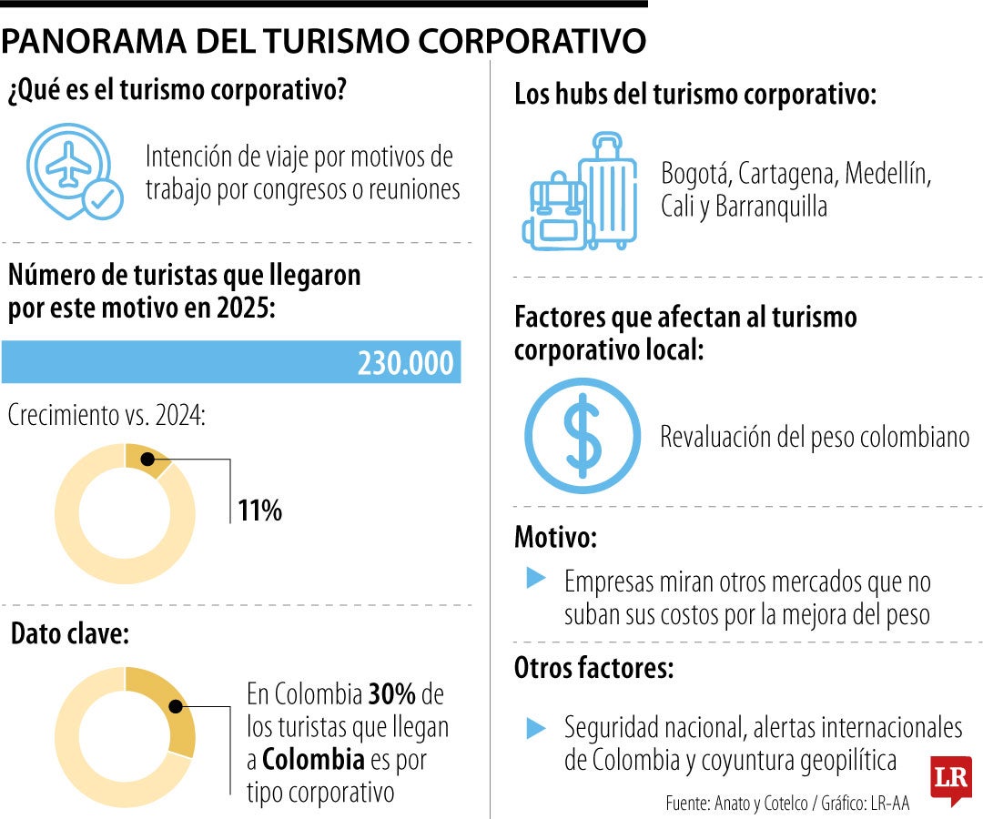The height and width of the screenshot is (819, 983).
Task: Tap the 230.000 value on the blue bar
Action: click(x=405, y=362)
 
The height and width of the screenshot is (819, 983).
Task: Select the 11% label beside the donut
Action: click(x=260, y=511)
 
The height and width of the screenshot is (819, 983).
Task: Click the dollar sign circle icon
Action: click(x=583, y=435)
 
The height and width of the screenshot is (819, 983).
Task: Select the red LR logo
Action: click(x=951, y=779)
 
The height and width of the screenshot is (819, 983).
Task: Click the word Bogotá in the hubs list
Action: click(x=694, y=173)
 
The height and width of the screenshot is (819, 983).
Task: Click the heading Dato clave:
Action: click(x=69, y=634)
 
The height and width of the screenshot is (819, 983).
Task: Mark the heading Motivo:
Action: click(x=555, y=537)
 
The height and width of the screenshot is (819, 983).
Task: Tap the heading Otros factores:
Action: click(x=594, y=669)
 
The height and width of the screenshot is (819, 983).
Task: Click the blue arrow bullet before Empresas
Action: click(x=536, y=578)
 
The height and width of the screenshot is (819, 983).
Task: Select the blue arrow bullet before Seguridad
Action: click(x=536, y=727)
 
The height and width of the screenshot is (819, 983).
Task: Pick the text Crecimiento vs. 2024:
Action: click(x=106, y=416)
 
